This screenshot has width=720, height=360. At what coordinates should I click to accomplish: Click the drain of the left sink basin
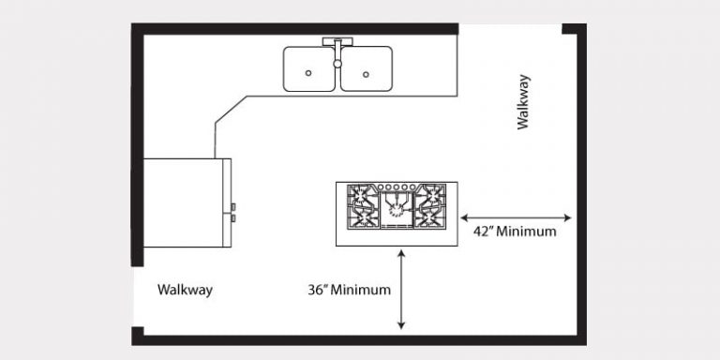point(309,72)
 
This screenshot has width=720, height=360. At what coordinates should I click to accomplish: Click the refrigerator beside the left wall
point(186,202)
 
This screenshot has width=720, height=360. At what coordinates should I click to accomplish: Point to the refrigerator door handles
point(233,212)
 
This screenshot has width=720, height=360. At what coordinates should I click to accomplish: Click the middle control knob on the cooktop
point(397,187)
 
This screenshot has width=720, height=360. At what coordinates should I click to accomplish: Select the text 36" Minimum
point(349,290)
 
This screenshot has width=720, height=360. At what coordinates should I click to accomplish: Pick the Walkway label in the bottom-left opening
point(185,290)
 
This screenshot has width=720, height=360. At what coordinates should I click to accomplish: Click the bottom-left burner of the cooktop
point(362,219)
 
